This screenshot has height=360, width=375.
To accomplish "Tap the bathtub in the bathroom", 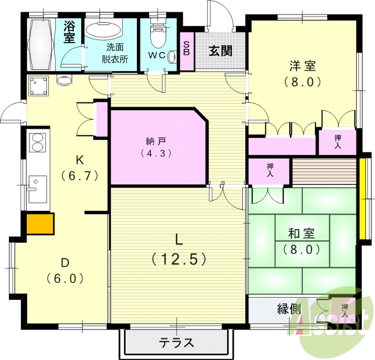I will [40, 42].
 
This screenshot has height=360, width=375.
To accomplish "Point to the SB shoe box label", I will [186, 48].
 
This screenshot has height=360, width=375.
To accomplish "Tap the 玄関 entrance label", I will [220, 51].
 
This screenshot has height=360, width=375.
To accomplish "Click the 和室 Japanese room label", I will [301, 233].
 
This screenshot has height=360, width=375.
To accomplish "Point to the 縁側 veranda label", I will [289, 309].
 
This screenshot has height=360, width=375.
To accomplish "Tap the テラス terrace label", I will [176, 343].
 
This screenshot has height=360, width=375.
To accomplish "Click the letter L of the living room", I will [179, 240].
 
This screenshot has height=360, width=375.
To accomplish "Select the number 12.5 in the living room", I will [179, 258].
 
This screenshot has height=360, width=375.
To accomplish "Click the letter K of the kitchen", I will [80, 160].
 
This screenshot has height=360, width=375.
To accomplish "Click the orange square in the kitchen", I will [40, 224].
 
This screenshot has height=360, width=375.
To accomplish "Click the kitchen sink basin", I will [37, 189].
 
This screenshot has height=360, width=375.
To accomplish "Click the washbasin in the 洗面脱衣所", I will [103, 31].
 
